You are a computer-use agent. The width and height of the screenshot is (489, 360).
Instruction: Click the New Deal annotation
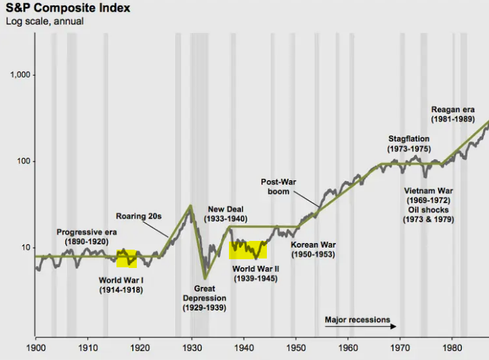(228, 215)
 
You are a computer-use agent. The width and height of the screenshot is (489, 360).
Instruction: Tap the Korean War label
(313, 249)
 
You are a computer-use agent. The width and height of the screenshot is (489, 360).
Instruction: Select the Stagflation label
(408, 143)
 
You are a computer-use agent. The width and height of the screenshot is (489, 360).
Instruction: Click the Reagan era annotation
(453, 114)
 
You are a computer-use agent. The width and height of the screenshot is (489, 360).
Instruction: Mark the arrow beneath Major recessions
(358, 327)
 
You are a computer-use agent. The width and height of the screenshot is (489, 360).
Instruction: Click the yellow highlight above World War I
(127, 258)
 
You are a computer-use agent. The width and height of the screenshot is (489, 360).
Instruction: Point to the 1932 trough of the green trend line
(205, 278)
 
